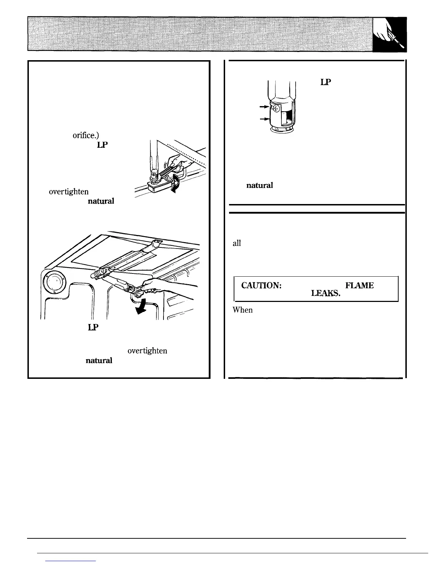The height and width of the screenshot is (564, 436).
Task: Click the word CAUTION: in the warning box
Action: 262,286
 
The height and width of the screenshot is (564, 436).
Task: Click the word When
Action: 243,310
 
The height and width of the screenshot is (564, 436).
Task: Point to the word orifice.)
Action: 83,135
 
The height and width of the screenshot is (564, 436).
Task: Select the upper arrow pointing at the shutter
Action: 264,106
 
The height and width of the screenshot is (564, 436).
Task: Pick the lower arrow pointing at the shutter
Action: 264,120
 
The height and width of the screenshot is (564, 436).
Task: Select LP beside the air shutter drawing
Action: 326,82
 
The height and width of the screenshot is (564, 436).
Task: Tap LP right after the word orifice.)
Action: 102,145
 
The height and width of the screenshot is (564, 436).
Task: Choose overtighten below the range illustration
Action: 147,351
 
